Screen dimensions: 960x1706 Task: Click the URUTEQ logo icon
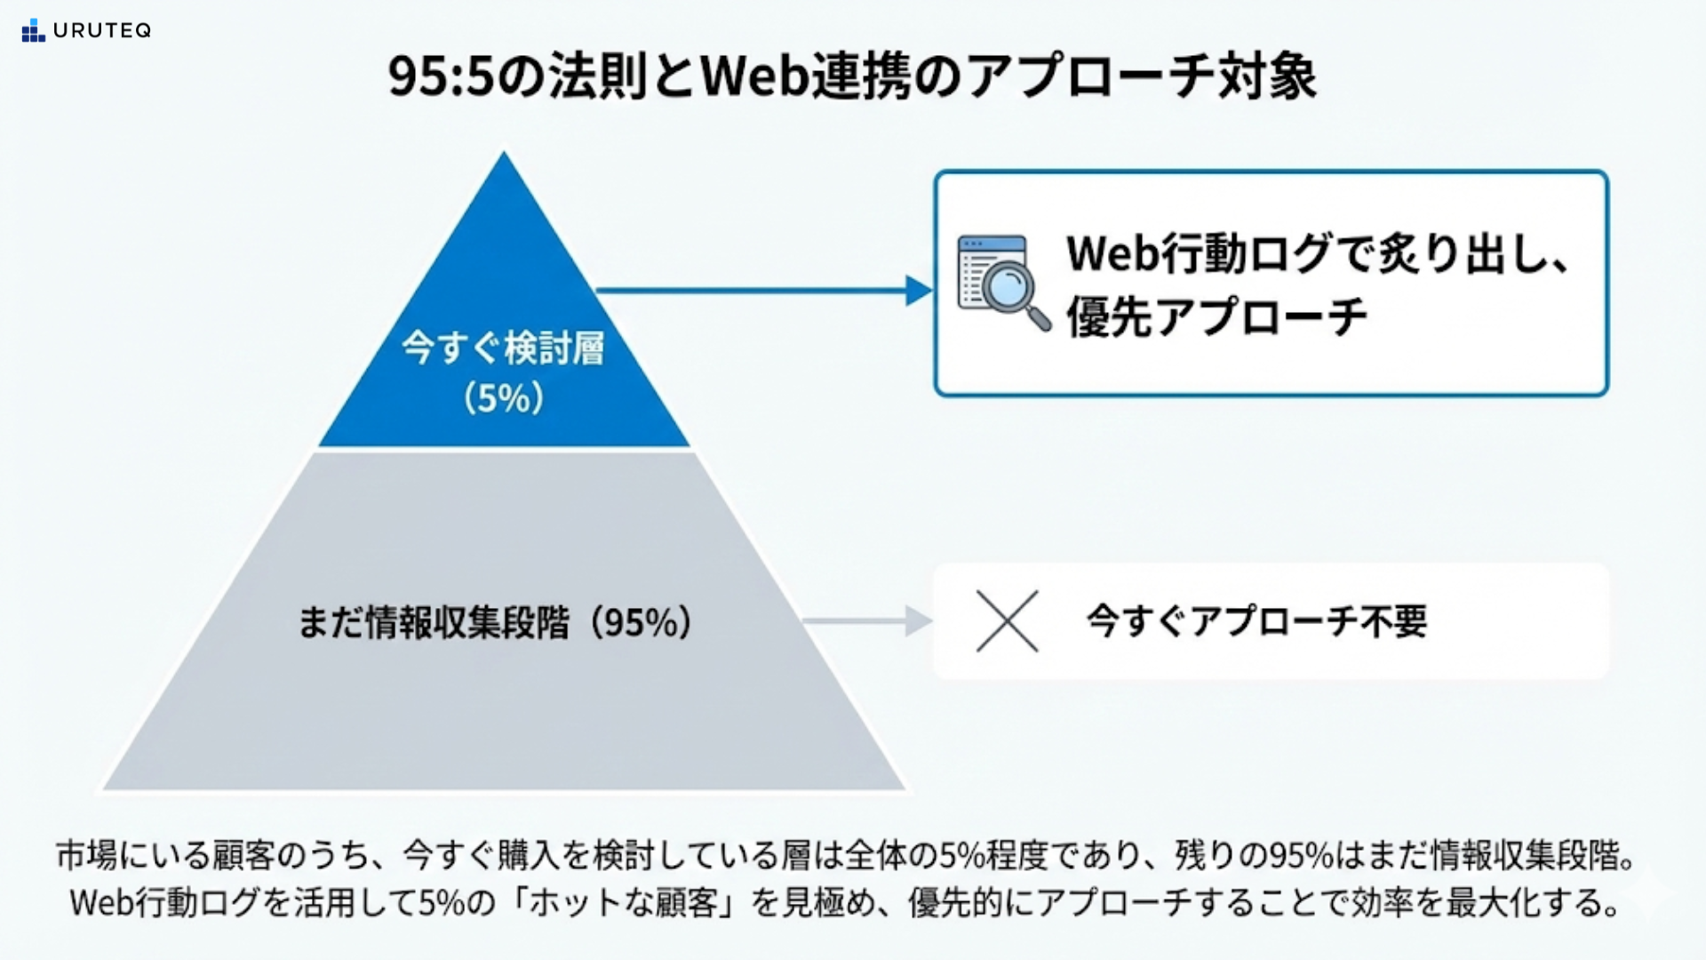(x=33, y=31)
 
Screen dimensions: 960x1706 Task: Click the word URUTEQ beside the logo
(x=102, y=31)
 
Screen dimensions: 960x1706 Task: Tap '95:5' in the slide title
(x=440, y=77)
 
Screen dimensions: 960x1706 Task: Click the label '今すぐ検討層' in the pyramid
(x=503, y=348)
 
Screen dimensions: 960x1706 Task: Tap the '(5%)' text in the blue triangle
(x=503, y=397)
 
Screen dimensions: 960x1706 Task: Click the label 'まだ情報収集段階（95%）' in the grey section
(x=494, y=622)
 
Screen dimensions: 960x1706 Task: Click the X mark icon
(x=1007, y=621)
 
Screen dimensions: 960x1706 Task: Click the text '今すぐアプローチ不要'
(x=1256, y=621)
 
